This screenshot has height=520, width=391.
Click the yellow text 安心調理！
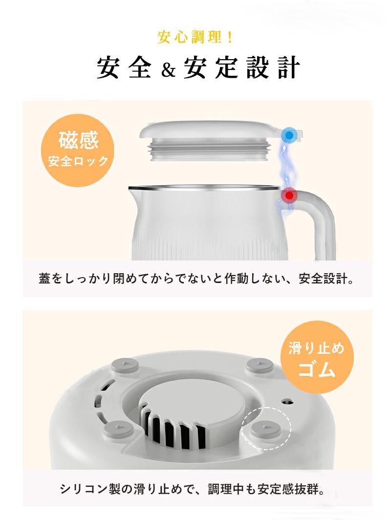point(195,37)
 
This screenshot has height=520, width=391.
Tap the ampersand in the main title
point(169,69)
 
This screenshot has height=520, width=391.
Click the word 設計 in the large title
point(273,67)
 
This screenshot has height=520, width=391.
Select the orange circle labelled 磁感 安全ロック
point(78,150)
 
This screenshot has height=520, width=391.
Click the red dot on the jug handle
point(290,195)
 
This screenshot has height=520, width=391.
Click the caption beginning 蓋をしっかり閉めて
point(195,279)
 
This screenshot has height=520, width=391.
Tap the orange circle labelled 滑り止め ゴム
point(317,357)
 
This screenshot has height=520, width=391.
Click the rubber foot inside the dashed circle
point(265,430)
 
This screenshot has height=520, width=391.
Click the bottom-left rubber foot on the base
point(118,429)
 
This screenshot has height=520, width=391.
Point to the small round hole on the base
point(287,402)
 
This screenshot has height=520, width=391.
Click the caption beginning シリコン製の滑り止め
point(193,489)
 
